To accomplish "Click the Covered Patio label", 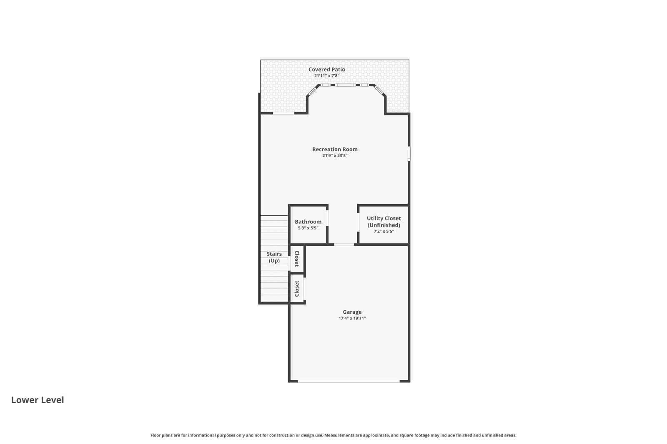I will coord(326,70).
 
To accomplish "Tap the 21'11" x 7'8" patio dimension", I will coord(326,76).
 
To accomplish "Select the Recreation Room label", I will coord(335,149).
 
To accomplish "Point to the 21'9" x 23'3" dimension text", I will coord(335,155).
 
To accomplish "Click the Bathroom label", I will coord(308,222).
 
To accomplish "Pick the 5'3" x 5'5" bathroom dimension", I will coord(308,228).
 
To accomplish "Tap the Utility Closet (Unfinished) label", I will coord(384,222).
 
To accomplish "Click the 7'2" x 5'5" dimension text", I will coord(384,231).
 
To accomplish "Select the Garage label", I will coord(352,312).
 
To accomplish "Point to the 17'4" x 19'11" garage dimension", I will coord(352,318).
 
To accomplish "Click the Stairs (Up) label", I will coord(274,257).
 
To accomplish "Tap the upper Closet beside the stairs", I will coord(297,259).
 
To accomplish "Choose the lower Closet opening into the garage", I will coord(297,288).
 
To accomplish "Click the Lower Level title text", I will coord(38,400).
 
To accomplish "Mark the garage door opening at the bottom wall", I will coord(349,381).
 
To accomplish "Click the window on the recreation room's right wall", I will coord(409,153).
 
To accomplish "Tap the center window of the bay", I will coord(345,85).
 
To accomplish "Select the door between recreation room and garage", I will coord(344,244).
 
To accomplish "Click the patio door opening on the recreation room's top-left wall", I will coord(283,113).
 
